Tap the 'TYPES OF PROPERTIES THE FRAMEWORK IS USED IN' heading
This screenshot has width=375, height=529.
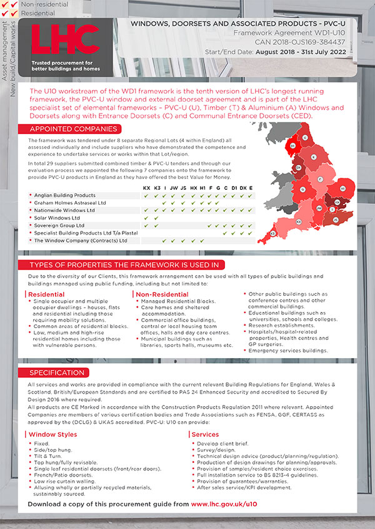pos(124,264)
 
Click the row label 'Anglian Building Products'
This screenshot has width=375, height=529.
pos(64,195)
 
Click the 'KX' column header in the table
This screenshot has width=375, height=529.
pos(146,187)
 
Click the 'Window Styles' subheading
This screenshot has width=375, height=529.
pos(53,434)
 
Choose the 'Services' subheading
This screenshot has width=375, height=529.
pos(205,434)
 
